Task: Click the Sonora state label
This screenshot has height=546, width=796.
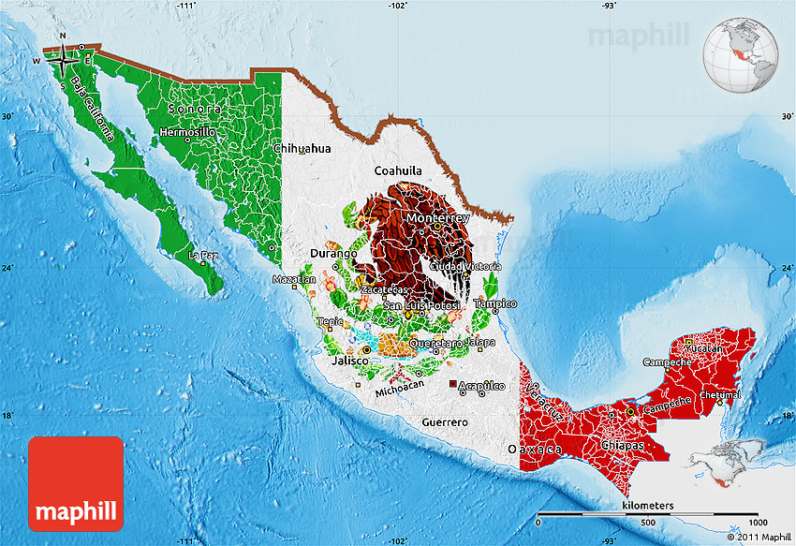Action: (x=195, y=109)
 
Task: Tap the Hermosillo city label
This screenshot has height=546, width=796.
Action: (x=187, y=132)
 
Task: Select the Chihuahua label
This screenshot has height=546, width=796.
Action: (x=302, y=148)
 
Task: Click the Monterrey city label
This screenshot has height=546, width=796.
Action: (x=438, y=218)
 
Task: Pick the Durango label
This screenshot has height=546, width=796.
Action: (x=334, y=253)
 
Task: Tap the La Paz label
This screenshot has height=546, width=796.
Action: (x=203, y=254)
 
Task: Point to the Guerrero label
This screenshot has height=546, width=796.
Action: (x=444, y=422)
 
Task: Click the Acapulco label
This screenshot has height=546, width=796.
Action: (x=480, y=386)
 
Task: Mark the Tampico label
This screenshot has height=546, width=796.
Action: (x=495, y=303)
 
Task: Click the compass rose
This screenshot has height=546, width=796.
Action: (x=63, y=61)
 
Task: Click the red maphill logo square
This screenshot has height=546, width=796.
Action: (x=76, y=484)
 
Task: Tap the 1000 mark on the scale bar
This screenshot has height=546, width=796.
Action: (x=757, y=522)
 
